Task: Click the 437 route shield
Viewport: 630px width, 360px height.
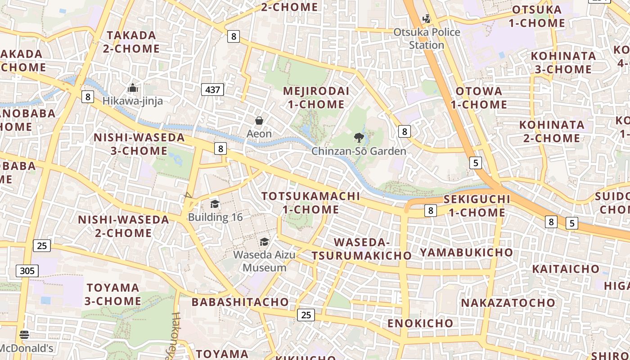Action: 212,90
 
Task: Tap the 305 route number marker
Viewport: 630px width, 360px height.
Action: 27,270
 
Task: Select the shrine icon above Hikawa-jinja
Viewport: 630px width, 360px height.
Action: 132,88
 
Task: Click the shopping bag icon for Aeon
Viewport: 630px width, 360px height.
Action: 259,121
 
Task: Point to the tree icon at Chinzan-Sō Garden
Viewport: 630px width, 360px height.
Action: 359,137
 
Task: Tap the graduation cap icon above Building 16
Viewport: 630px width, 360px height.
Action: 215,204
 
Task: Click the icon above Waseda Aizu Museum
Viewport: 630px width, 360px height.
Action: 264,242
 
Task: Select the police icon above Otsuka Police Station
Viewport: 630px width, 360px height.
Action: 426,19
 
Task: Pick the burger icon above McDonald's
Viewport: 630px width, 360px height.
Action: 24,335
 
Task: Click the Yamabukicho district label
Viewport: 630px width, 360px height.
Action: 466,252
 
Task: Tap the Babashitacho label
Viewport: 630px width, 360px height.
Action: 240,302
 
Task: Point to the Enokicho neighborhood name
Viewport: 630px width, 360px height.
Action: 420,323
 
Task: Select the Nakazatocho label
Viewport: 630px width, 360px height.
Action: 508,302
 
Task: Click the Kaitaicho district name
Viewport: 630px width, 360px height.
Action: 566,269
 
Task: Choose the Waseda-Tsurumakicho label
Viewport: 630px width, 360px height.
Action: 361,249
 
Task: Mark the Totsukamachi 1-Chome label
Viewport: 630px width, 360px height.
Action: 311,202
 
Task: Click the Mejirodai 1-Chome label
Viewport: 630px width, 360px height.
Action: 316,98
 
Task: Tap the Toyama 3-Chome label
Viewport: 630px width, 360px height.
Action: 113,294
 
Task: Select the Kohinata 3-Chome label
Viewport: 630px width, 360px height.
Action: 563,63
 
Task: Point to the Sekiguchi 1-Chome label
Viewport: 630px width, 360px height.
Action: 477,206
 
